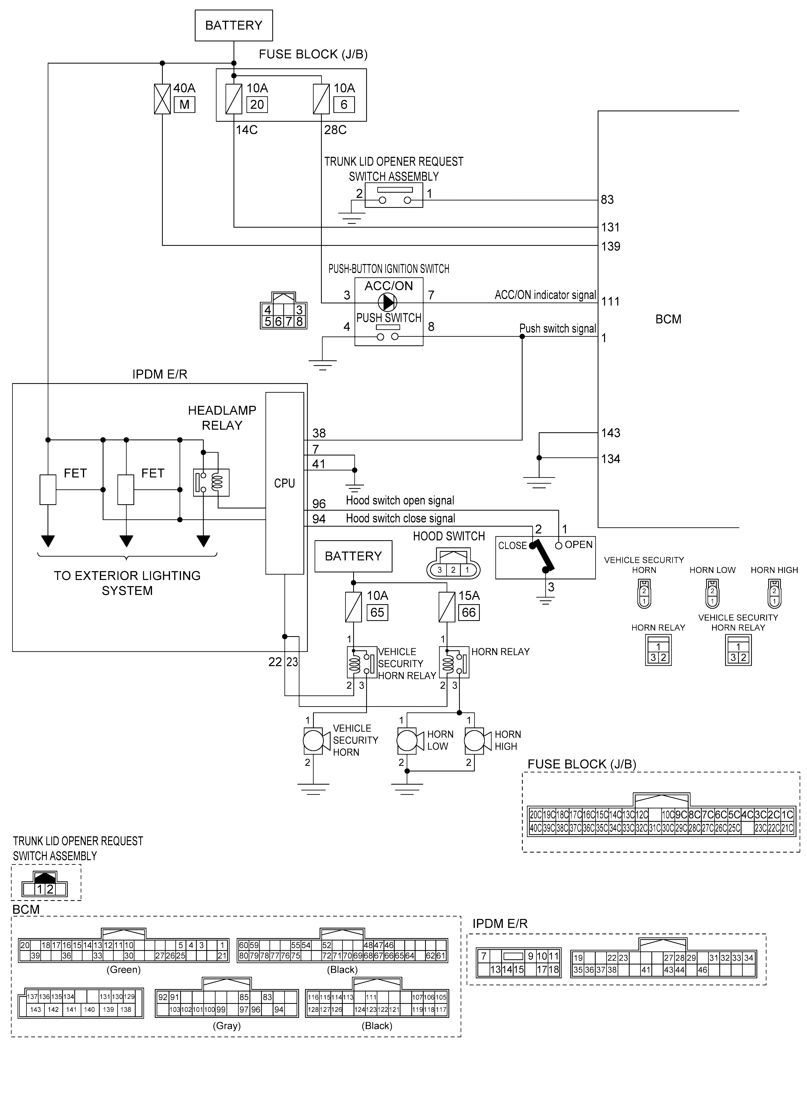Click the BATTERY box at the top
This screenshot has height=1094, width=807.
click(234, 25)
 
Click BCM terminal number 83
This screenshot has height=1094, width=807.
click(607, 200)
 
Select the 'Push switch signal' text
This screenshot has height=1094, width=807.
click(557, 329)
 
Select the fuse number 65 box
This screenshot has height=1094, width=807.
click(377, 612)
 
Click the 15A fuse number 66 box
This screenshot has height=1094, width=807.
click(468, 612)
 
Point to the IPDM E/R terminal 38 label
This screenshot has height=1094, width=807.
click(318, 433)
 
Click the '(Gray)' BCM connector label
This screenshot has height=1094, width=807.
click(227, 1026)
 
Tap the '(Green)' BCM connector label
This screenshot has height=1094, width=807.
click(123, 969)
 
